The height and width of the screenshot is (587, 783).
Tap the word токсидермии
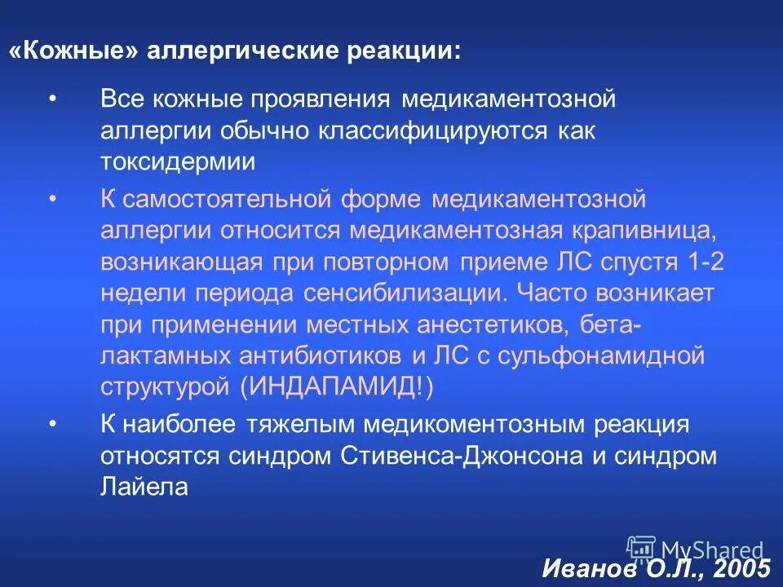point(178,161)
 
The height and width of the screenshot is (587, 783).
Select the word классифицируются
point(418,131)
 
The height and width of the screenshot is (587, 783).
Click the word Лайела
point(144,487)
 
